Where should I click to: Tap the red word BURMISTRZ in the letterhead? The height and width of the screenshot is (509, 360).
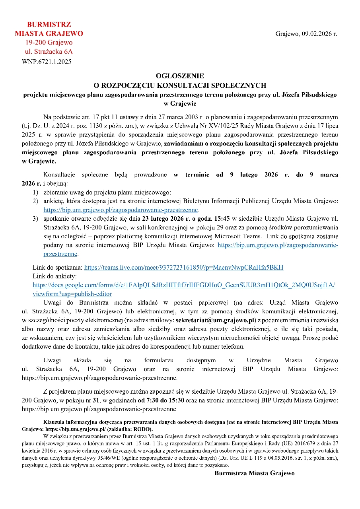[49, 25]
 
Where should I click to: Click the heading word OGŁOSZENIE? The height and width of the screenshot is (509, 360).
[180, 76]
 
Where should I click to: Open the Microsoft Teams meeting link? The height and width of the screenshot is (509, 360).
[184, 267]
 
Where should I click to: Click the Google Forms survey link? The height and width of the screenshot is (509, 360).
[184, 285]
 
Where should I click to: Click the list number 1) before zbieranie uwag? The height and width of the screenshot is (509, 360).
[35, 192]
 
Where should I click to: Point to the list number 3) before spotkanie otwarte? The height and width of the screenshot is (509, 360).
[35, 219]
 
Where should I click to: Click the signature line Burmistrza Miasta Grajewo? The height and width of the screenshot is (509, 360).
[255, 473]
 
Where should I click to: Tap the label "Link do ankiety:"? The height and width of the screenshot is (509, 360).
[54, 276]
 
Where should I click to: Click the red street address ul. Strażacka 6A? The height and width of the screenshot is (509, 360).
[49, 51]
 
